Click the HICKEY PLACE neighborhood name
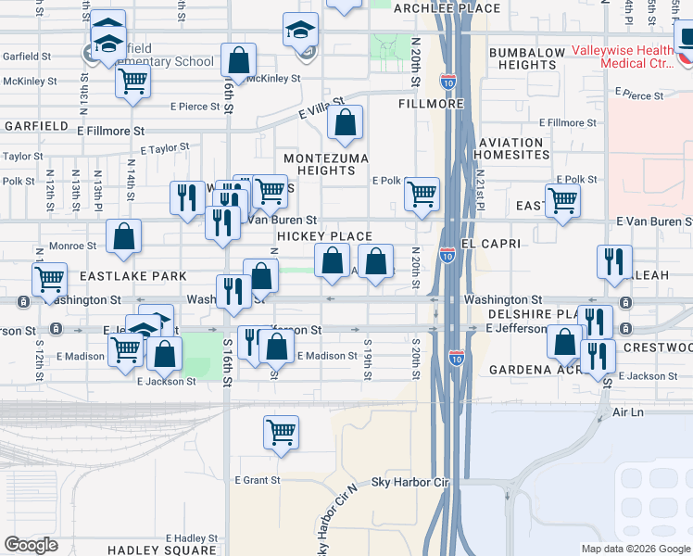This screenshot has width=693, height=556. pyautogui.click(x=324, y=237)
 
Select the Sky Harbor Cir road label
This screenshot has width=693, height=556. pyautogui.click(x=409, y=483)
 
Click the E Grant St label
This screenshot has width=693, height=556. pyautogui.click(x=258, y=480)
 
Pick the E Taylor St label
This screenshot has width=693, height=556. pyautogui.click(x=165, y=147)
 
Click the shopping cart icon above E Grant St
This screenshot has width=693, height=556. pyautogui.click(x=281, y=431)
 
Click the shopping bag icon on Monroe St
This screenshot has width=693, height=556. pyautogui.click(x=123, y=237)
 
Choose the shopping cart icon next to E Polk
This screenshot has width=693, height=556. pyautogui.click(x=422, y=194)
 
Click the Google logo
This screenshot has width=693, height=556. pyautogui.click(x=31, y=545)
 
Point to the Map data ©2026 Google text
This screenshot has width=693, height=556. pyautogui.click(x=635, y=549)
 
